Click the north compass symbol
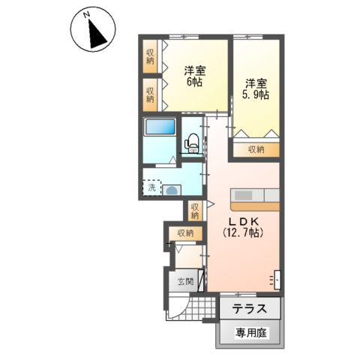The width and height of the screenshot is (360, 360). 92,31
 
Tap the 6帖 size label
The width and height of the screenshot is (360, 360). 194,83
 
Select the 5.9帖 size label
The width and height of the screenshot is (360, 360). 255,95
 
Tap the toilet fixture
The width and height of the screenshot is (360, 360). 192,141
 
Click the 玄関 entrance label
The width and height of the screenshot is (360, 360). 185,283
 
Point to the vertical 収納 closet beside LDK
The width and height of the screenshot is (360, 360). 195,211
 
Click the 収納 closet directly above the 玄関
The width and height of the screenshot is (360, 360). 185,233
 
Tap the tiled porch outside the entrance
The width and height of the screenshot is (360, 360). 197,308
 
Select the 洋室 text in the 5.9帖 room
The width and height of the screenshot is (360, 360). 255,83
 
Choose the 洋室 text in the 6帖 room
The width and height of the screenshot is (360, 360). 194,71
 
